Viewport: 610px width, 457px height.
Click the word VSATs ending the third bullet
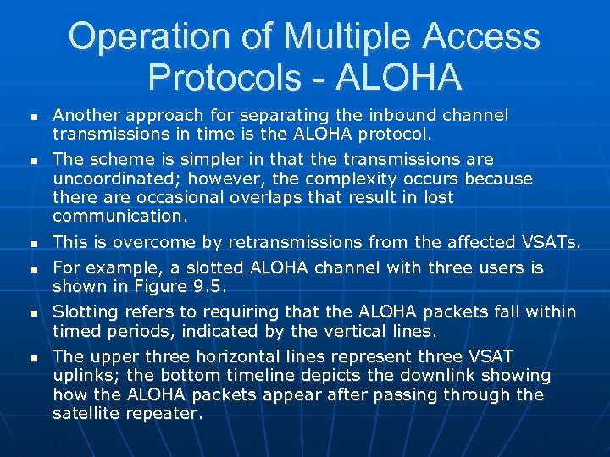550,243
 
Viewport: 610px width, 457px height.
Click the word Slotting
83,311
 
